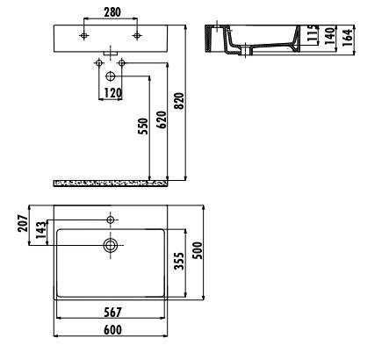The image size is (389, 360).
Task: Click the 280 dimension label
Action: click(x=111, y=13)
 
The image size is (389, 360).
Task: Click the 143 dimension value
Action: click(x=40, y=233)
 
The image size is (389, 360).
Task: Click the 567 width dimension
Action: click(x=111, y=313)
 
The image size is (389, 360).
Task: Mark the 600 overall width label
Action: click(x=111, y=329)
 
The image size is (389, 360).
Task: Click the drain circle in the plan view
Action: click(x=111, y=246)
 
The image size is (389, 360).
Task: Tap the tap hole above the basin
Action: click(x=111, y=218)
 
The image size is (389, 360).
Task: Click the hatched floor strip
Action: click(x=112, y=184)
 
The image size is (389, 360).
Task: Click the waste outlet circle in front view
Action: click(x=111, y=77)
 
